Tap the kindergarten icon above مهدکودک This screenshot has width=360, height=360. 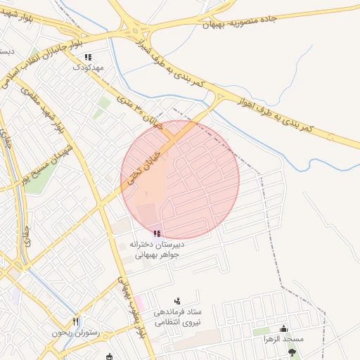click(88, 58)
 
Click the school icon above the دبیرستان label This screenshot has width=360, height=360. click(157, 233)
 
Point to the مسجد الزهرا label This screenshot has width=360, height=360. click(283, 339)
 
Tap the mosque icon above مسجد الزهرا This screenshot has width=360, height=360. click(283, 328)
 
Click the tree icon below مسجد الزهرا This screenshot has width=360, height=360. click(292, 352)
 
